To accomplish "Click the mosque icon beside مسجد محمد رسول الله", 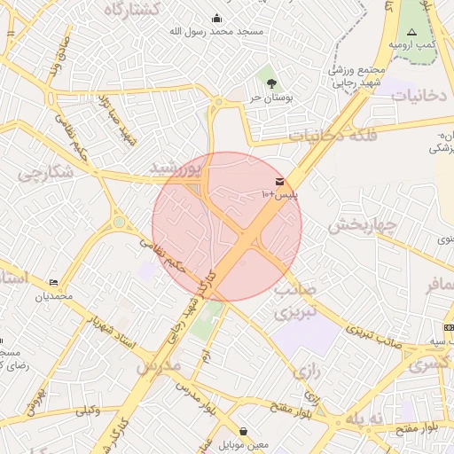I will pos(217,18).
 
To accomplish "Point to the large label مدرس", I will pos(157,364).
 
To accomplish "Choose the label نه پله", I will pos(366,418).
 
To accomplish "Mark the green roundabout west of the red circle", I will pos(118,223).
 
